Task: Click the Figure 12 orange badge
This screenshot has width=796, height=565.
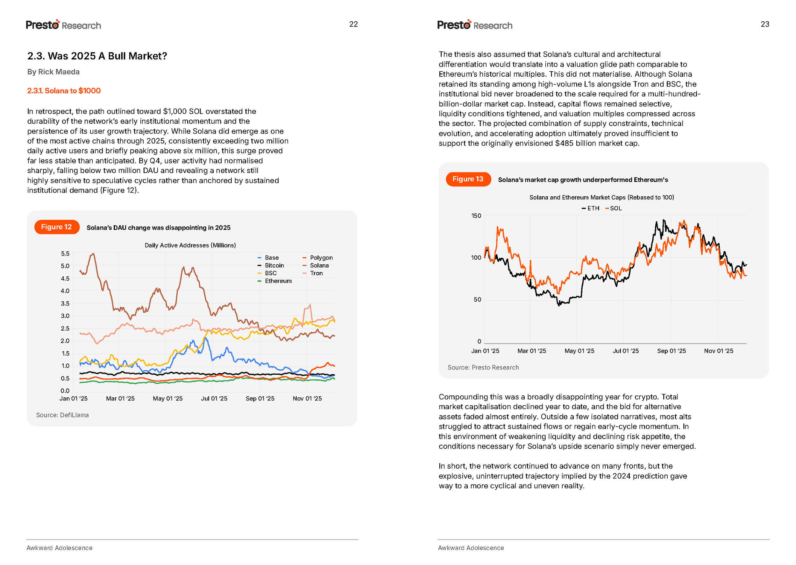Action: (57, 227)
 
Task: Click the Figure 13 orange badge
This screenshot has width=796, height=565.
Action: (468, 179)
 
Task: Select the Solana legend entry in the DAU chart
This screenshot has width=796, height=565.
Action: (319, 265)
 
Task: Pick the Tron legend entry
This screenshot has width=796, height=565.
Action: (316, 273)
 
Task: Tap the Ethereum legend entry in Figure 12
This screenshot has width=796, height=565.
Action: (278, 281)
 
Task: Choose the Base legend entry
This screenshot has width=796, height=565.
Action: (271, 258)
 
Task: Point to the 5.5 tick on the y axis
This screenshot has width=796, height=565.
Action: (65, 254)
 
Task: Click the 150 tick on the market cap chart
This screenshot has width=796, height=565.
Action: (476, 216)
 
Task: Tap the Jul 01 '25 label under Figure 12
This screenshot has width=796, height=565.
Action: (214, 399)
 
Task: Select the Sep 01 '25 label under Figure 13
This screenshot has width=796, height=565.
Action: (671, 351)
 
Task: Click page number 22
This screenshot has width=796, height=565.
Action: (353, 24)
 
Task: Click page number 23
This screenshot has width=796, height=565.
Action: (765, 24)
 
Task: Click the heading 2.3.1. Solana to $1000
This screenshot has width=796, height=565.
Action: (64, 91)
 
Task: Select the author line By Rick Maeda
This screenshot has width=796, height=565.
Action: (53, 72)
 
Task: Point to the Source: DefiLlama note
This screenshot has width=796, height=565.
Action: (62, 415)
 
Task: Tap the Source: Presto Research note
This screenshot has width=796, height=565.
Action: (483, 367)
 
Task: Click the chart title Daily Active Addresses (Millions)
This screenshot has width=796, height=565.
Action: (190, 245)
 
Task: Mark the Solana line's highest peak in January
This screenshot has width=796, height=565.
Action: (93, 254)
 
